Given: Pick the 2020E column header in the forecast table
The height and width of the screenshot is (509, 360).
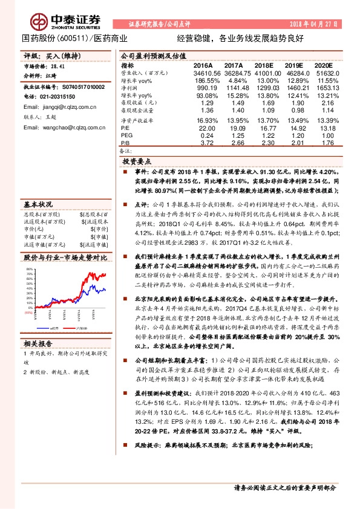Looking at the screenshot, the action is pyautogui.click(x=324, y=65).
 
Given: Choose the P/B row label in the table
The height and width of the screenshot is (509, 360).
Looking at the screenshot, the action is pyautogui.click(x=125, y=143).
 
